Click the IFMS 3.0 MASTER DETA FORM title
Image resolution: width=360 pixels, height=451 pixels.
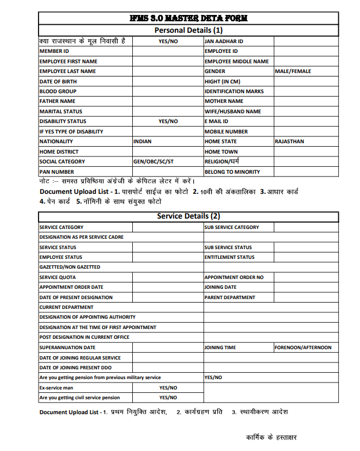tap(189, 18)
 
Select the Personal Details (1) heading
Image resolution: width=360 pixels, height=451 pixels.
tap(189, 30)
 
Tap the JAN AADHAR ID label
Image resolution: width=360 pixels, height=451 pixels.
tap(224, 41)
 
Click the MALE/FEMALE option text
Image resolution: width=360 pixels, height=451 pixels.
tap(293, 71)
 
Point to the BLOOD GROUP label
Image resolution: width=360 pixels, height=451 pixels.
tap(58, 91)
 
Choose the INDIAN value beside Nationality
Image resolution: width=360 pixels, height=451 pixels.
tap(143, 142)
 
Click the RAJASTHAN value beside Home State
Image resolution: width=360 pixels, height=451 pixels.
tap(289, 142)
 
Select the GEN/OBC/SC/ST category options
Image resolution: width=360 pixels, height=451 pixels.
tap(153, 162)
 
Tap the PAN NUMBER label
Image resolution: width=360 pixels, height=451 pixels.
tap(56, 172)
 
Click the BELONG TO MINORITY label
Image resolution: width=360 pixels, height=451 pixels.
tap(232, 172)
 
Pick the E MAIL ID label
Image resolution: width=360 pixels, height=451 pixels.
tap(216, 121)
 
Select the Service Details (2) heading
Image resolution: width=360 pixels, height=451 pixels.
tap(189, 216)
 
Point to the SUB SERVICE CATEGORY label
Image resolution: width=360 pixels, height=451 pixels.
tap(232, 227)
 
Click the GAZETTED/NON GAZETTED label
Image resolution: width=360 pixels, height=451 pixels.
tap(70, 267)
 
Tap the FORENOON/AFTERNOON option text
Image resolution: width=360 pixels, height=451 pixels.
tap(302, 347)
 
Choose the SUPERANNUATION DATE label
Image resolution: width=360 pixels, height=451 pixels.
tap(67, 347)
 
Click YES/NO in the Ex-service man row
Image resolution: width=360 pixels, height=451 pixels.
tap(168, 388)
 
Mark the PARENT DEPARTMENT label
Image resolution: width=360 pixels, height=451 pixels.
tap(230, 297)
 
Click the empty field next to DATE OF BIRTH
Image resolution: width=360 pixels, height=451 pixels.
tap(168, 82)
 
